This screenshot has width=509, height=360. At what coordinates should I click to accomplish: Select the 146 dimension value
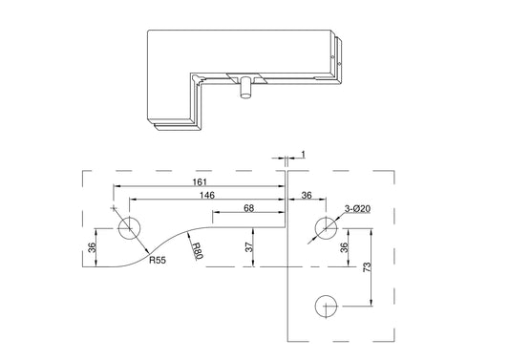point(206,194)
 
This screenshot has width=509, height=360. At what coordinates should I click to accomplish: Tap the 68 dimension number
point(248,207)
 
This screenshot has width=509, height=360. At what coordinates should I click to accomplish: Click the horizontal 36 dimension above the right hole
point(307,195)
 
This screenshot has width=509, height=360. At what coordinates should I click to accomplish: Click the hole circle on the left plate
point(129,228)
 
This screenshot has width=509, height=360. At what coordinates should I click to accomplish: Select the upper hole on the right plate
point(326,228)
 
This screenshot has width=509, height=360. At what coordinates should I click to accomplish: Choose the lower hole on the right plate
point(326,307)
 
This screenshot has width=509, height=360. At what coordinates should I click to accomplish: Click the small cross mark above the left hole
point(116,207)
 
